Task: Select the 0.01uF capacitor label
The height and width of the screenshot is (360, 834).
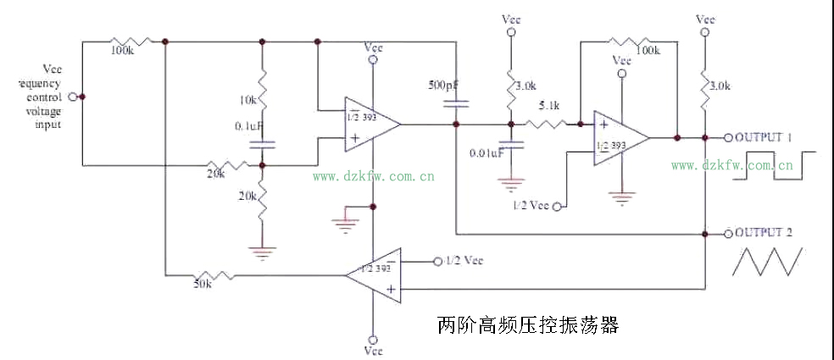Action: (x=487, y=152)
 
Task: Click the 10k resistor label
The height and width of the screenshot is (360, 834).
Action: (x=248, y=100)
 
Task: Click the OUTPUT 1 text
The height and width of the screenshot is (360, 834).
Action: (x=764, y=137)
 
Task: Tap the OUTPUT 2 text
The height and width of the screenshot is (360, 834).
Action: (x=764, y=232)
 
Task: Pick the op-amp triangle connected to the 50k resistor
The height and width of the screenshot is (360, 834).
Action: (x=375, y=274)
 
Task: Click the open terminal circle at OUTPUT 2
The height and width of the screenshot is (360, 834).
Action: (x=727, y=232)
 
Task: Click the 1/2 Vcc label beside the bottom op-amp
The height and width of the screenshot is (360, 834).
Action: (x=463, y=260)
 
